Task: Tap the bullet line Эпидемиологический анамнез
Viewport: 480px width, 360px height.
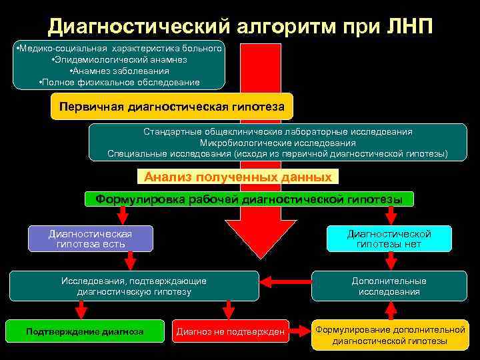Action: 119,59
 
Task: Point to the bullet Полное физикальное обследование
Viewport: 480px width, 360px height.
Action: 119,82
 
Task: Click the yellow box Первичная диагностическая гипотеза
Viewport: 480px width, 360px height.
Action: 172,106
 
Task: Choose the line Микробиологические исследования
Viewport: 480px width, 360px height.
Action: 277,143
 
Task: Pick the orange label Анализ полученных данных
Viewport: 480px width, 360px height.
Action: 238,177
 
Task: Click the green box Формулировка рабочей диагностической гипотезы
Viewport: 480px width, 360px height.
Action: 249,199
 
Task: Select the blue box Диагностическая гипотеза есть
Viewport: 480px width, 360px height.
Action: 91,239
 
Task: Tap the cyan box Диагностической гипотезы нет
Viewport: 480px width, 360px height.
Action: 389,239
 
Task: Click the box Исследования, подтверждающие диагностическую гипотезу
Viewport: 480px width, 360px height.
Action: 134,286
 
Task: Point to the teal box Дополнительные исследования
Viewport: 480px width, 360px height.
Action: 389,286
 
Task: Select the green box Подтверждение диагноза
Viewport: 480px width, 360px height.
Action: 85,331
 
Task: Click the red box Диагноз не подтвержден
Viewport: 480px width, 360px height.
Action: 230,331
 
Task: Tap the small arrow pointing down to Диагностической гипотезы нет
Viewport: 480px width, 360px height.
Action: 391,215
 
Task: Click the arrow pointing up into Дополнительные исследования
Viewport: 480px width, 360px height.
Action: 391,310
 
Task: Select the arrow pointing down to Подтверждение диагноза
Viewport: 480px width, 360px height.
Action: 82,309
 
